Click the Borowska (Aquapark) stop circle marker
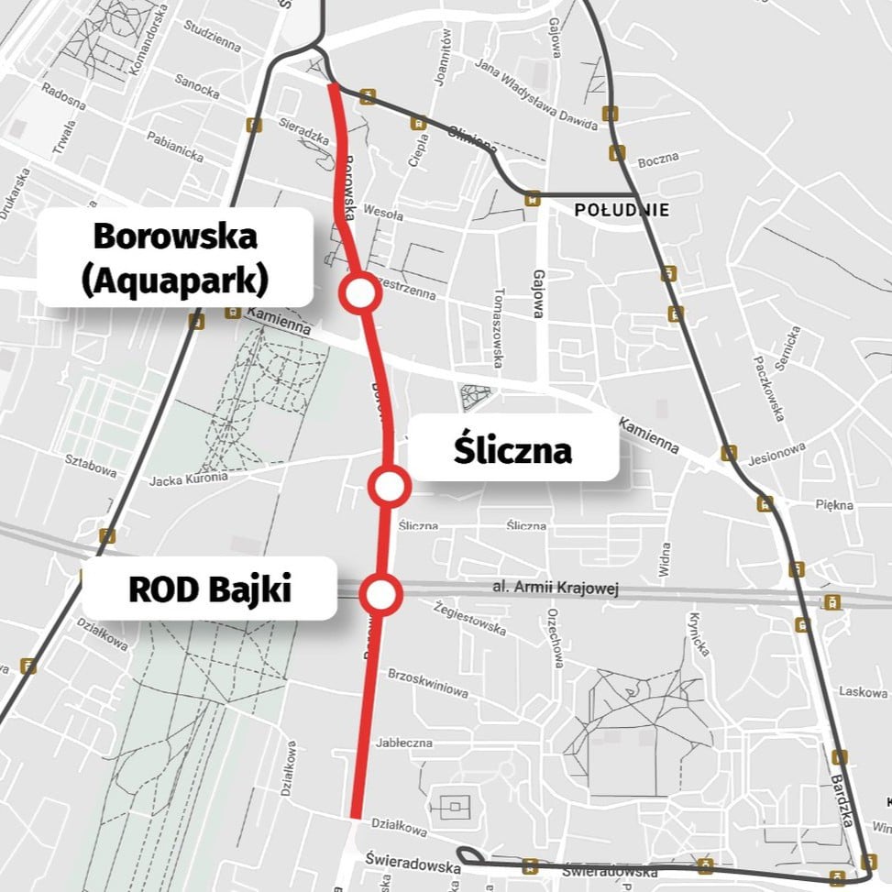(359, 293)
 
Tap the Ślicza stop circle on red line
(389, 487)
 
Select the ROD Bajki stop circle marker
(380, 595)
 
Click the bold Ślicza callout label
(512, 450)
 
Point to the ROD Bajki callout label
(210, 589)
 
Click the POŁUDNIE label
(622, 210)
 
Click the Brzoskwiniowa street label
(428, 684)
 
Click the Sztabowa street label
(91, 468)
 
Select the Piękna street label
(834, 505)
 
